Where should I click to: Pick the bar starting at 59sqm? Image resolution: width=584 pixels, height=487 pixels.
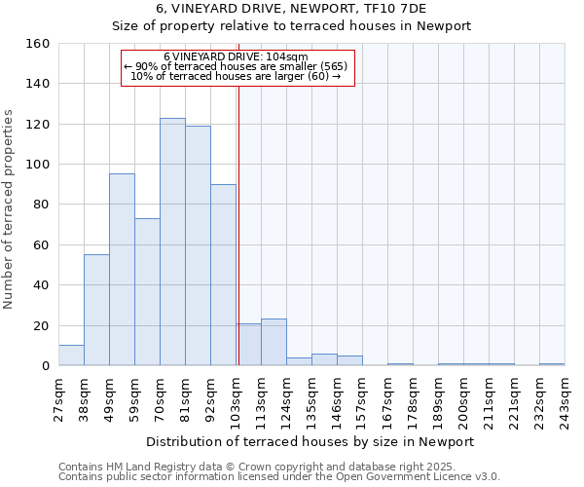(x=147, y=292)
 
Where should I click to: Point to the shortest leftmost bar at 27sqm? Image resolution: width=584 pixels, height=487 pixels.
(x=71, y=356)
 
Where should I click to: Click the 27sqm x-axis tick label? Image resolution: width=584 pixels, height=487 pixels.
(x=58, y=394)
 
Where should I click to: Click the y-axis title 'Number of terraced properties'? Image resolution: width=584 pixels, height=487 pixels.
(x=10, y=205)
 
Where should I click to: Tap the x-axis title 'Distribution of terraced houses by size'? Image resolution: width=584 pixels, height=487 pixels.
(x=310, y=441)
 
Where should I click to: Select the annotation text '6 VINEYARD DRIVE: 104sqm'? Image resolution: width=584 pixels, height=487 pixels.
(x=236, y=56)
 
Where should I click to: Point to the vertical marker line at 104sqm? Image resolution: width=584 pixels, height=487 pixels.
(x=238, y=243)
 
